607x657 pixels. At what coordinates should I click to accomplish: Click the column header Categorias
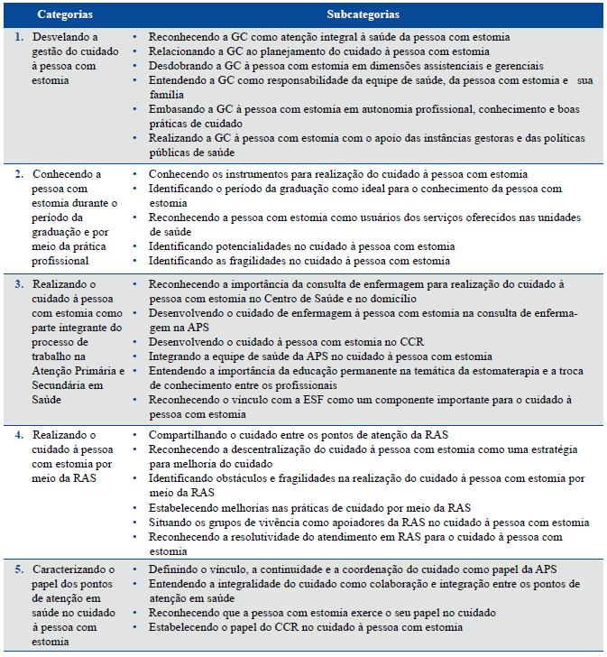(66, 15)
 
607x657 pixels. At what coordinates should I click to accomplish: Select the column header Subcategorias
(363, 15)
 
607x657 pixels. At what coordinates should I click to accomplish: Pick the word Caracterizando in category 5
(69, 571)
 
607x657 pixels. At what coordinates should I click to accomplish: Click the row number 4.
(21, 435)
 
